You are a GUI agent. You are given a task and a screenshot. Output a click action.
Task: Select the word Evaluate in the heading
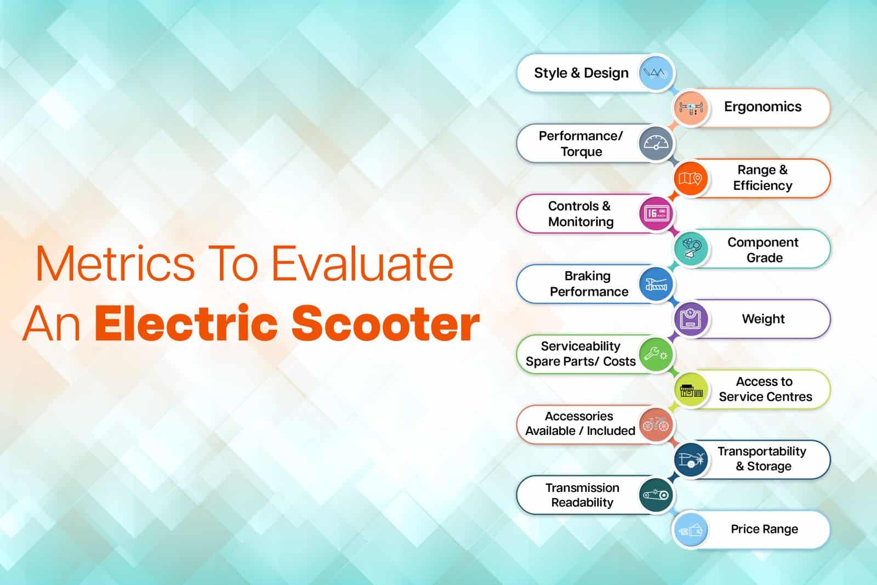[362, 264]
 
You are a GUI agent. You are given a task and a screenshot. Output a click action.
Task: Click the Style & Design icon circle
[656, 73]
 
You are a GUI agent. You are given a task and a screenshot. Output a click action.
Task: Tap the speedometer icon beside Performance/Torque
[656, 144]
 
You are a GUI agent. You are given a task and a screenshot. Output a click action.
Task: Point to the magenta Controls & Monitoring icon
[656, 214]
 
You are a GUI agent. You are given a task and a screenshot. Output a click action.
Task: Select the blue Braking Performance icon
[656, 284]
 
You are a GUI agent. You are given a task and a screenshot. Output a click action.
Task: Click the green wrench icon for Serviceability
[656, 354]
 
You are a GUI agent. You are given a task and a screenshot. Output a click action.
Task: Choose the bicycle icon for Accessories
[656, 424]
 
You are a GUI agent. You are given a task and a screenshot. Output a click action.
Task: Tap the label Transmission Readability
[582, 495]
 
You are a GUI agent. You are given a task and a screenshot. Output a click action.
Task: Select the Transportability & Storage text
[762, 459]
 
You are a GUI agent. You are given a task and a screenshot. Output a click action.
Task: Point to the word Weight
[763, 319]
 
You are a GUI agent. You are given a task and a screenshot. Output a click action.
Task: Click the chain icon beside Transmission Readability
[656, 495]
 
